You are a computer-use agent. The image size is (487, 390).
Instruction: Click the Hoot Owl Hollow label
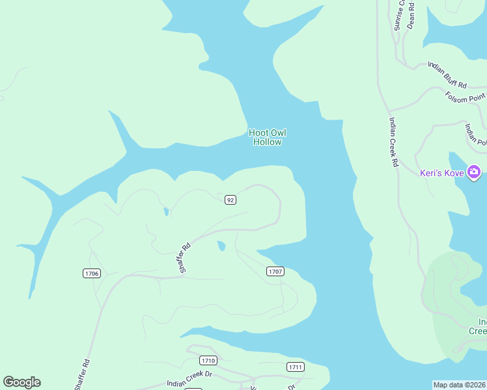[267, 137]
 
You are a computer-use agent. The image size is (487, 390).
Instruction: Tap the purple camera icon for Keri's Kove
[474, 172]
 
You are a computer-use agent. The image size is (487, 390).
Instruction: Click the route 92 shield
[230, 200]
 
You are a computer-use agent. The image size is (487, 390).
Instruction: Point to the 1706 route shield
[92, 274]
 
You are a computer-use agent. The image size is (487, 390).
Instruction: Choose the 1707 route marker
[275, 271]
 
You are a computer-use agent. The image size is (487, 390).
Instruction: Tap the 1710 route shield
[208, 360]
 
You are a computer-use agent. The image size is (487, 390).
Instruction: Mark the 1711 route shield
[295, 367]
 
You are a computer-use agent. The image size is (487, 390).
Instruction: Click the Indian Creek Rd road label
[393, 142]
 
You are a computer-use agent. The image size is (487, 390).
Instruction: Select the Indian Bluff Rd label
[447, 75]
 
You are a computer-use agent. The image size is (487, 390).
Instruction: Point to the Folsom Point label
[466, 96]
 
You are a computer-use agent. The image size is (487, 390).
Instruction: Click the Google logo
[21, 382]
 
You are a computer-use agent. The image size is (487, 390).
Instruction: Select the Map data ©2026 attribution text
[459, 384]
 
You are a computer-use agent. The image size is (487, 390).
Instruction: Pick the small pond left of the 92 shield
[166, 211]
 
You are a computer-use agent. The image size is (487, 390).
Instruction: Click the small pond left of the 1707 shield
[221, 246]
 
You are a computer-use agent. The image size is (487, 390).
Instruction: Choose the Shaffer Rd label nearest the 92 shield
[185, 257]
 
